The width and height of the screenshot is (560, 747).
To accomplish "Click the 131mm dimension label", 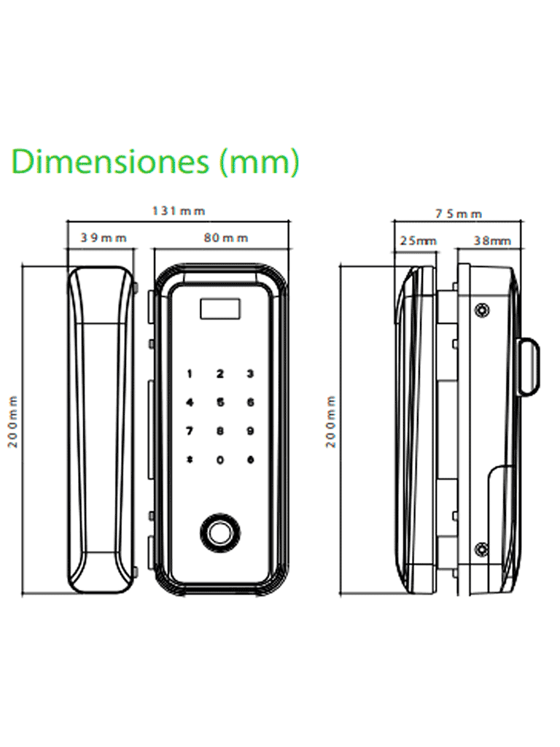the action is [x=179, y=211].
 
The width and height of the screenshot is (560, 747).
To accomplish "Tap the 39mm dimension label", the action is [x=104, y=238].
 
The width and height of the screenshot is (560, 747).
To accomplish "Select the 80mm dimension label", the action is [x=226, y=238].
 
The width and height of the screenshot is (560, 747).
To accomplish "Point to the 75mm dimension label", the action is [x=459, y=214].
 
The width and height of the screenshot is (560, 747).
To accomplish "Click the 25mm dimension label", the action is [x=418, y=241].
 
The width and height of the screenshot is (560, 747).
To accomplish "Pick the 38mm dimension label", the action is [x=492, y=241].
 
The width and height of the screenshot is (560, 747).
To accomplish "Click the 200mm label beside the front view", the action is [x=13, y=422].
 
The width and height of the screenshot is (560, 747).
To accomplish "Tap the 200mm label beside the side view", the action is [x=331, y=422].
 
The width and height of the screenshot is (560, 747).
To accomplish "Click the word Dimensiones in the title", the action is [x=110, y=161].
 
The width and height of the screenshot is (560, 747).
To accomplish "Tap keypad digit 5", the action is [x=220, y=403].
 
